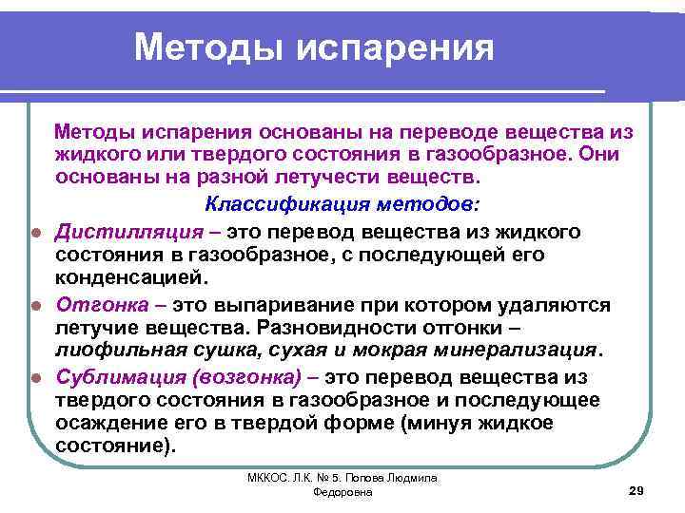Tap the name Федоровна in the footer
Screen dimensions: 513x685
point(342,494)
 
